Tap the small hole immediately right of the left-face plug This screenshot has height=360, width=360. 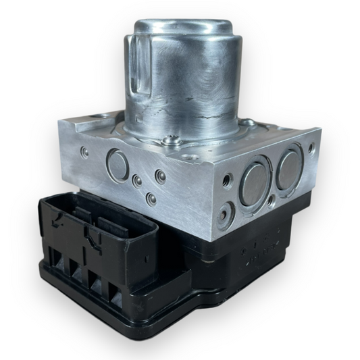point(137,181)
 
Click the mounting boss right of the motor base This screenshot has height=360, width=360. point(248,123)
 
